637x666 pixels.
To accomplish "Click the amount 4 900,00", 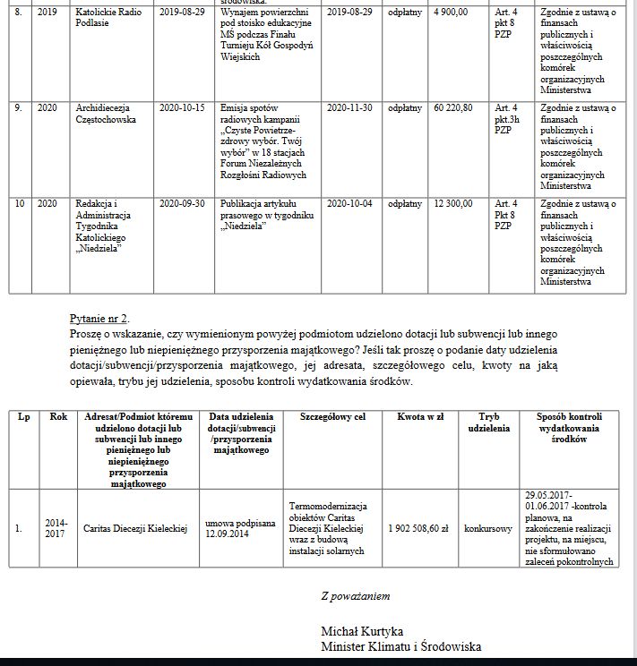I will pos(450,13).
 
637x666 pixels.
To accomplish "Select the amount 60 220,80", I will pos(453,107).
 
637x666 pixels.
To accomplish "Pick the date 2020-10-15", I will pos(182,107).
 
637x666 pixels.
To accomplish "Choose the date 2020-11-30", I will pos(349,107).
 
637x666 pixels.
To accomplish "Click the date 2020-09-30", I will pos(182,203).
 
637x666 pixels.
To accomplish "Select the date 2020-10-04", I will pos(349,203).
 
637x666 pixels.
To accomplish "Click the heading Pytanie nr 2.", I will pos(99,319).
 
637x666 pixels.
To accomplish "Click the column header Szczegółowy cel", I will pos(332,417).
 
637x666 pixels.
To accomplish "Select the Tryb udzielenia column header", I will pos(488,423).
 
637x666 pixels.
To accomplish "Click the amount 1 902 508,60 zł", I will pos(418,528).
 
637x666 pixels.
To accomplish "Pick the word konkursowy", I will pos(488,528).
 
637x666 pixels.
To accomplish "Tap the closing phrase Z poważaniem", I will pos(355,595).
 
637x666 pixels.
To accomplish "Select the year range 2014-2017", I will pos(56,528).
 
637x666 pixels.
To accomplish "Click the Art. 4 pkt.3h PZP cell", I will pos(508,117).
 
